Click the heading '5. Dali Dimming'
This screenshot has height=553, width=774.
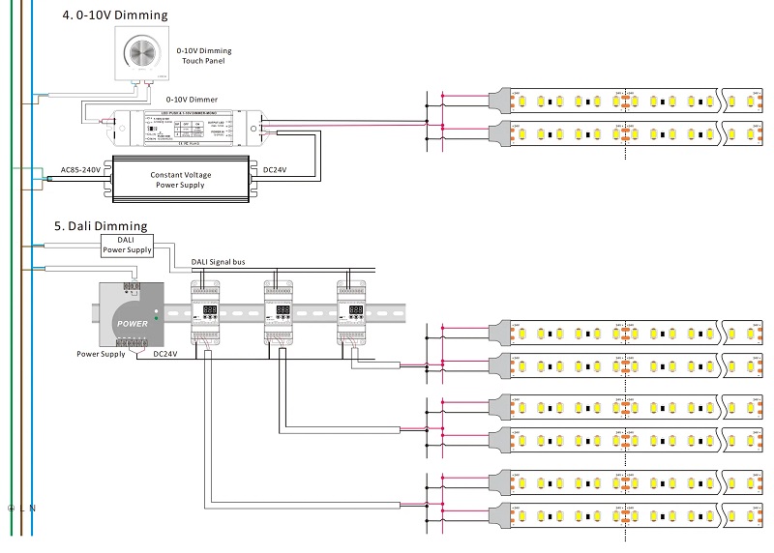tap(101, 226)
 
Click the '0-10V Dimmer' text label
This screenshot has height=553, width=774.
tap(191, 100)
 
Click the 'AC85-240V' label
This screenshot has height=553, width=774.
tap(80, 170)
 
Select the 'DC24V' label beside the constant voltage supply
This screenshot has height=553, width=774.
tap(274, 170)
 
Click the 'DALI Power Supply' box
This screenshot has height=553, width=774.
tap(126, 245)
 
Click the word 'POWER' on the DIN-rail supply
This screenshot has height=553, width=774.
tap(133, 323)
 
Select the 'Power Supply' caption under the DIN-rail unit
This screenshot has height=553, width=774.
tap(101, 355)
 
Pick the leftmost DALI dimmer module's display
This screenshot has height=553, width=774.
tap(207, 312)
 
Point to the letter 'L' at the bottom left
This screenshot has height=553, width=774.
tap(22, 509)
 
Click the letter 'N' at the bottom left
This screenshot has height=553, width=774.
tap(33, 509)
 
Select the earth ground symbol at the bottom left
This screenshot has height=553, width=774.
tap(11, 509)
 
